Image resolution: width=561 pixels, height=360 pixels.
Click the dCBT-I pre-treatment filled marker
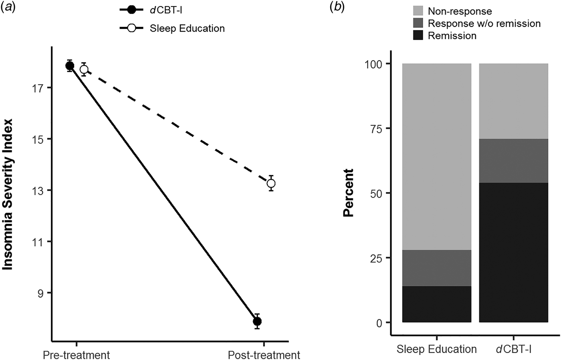(70, 66)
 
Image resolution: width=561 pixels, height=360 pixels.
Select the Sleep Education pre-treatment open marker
(84, 69)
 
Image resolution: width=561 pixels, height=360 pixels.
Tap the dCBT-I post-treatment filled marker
(257, 321)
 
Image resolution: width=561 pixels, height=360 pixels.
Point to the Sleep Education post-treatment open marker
(271, 183)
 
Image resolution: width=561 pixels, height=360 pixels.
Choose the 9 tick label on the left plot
(41, 293)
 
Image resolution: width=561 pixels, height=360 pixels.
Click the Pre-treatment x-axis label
(77, 355)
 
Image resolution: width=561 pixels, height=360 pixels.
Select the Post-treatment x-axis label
(264, 355)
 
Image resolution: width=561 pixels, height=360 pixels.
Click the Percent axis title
(348, 193)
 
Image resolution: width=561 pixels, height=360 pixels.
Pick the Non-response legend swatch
(418, 11)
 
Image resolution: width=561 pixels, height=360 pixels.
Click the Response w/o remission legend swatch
(418, 23)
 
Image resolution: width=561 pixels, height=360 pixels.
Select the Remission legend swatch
(418, 35)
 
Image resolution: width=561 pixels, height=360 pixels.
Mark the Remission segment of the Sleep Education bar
(436, 304)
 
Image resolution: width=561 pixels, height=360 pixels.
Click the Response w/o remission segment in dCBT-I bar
(514, 161)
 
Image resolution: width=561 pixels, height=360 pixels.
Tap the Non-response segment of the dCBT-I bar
(514, 101)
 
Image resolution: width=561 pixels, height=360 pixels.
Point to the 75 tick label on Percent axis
(377, 129)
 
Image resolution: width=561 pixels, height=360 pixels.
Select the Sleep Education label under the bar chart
(436, 349)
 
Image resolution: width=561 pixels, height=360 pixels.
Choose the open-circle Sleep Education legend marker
(131, 28)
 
